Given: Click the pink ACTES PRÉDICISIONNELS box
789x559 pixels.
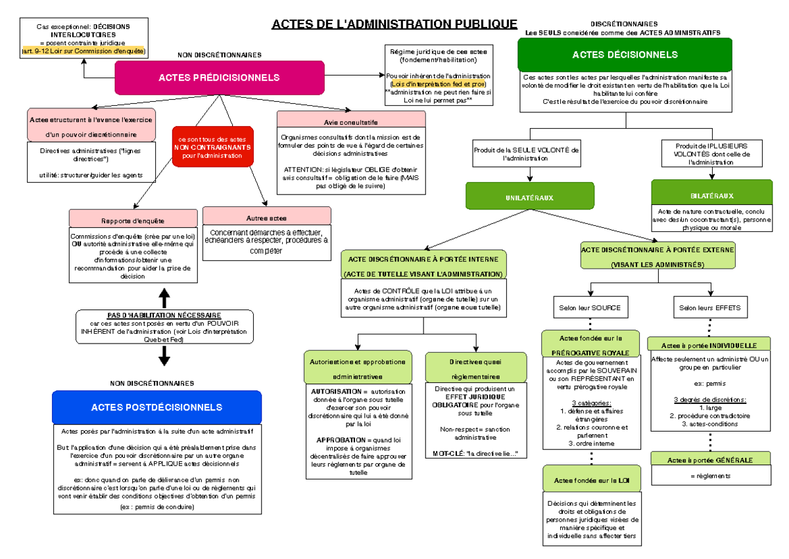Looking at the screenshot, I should [219, 78].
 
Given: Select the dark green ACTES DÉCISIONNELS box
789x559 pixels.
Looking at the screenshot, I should [625, 55].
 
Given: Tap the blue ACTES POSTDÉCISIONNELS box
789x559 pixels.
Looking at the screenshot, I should [156, 407].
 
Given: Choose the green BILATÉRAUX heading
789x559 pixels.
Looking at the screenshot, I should [711, 196].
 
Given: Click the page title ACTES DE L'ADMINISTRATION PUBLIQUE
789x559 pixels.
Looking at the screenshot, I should [394, 24].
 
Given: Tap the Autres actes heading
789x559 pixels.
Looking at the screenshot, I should [266, 217].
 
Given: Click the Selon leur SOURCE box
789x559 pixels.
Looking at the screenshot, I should [589, 307].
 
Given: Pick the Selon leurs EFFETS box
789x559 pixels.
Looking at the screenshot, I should [710, 307].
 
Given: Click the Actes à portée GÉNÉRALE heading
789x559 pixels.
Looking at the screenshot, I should [709, 460].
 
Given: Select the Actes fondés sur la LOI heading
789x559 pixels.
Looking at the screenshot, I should [591, 481].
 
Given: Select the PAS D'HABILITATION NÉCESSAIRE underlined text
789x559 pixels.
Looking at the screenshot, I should [164, 315].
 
